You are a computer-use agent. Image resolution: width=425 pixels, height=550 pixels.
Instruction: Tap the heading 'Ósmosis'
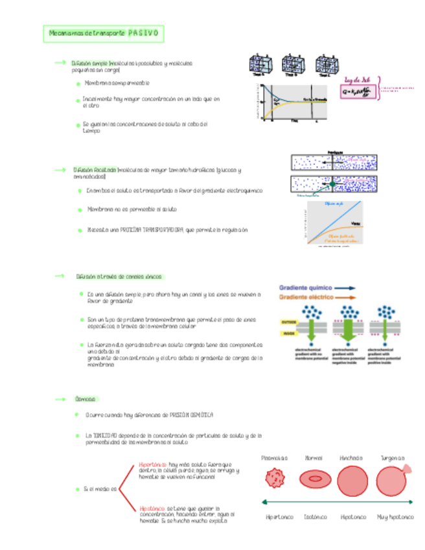(x=86, y=399)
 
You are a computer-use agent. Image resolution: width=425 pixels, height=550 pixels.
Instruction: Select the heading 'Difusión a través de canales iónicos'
(x=115, y=276)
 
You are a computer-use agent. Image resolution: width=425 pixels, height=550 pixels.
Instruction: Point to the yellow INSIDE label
(x=287, y=334)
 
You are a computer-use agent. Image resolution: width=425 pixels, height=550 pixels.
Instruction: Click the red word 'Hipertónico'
(x=153, y=464)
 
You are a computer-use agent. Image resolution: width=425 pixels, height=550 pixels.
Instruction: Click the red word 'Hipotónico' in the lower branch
(x=152, y=508)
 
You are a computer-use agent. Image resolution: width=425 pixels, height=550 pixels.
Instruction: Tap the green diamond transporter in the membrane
(x=333, y=185)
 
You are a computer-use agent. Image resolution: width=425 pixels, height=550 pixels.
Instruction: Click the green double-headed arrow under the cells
(x=337, y=502)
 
